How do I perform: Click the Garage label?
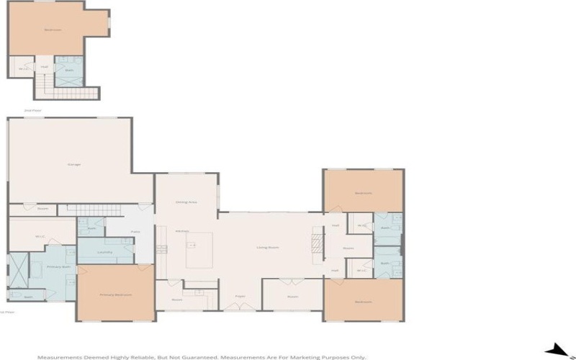point(74,164)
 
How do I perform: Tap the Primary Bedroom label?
point(115,294)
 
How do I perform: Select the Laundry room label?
point(104,252)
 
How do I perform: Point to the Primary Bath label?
point(58,266)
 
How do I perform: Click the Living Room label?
point(268,248)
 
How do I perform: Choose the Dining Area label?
point(186,202)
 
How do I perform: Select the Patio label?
point(135,232)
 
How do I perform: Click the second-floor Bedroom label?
point(53,30)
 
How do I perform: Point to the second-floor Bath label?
point(69,70)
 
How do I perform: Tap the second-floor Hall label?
point(44,67)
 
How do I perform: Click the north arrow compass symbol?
point(558,351)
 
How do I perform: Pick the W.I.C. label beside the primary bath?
point(40,236)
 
